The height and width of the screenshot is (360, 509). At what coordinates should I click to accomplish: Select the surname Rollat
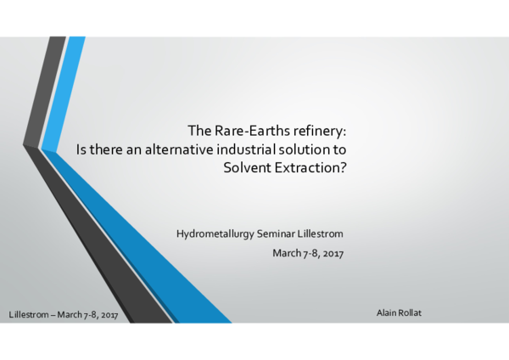click(411, 313)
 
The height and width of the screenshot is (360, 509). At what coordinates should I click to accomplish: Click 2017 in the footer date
click(107, 315)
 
